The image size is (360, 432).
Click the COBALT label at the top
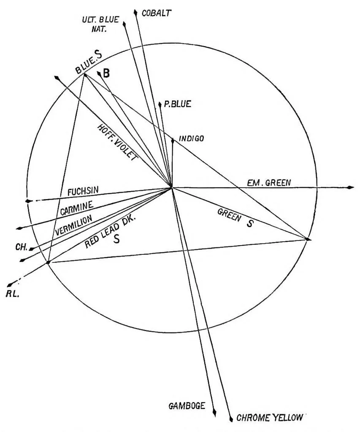pos(156,13)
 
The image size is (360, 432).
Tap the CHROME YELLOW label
pos(270,418)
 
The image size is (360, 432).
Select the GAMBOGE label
pos(187,406)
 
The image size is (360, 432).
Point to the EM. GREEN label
pos(269,183)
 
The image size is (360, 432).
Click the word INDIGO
pos(192,138)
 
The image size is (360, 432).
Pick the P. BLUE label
pos(177,104)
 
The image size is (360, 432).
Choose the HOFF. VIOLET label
pos(117,142)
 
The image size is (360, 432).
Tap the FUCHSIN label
pos(83,191)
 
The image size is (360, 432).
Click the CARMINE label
pos(77,208)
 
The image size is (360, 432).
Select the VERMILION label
pos(73,226)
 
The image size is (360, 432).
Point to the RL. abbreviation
pos(12,294)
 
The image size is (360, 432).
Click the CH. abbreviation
pos(22,247)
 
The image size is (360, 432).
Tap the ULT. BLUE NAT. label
pos(100,24)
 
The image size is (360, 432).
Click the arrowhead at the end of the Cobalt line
pos(135,13)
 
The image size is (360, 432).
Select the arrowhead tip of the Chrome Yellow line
pos(231,418)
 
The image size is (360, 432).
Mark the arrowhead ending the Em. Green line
pos(351,187)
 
